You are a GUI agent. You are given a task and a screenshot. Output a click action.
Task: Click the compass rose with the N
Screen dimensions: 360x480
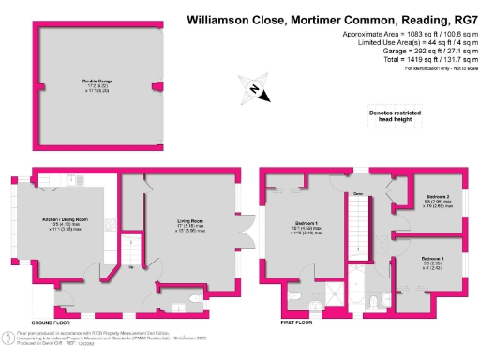256,92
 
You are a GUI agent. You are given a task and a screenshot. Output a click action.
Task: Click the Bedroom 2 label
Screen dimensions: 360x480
436,200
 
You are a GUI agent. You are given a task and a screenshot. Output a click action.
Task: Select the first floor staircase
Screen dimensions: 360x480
359,234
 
